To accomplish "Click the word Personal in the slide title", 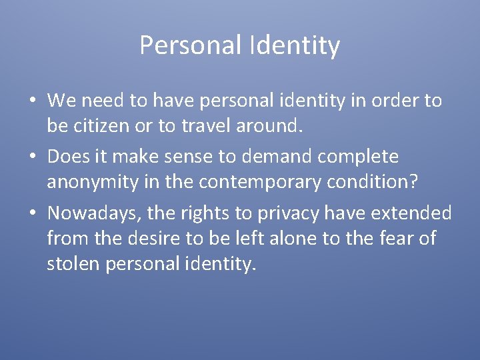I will tap(191, 45).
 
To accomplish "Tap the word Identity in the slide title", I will tap(295, 46).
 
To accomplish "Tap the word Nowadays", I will tap(95, 213).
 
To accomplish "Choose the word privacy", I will tap(303, 214).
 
